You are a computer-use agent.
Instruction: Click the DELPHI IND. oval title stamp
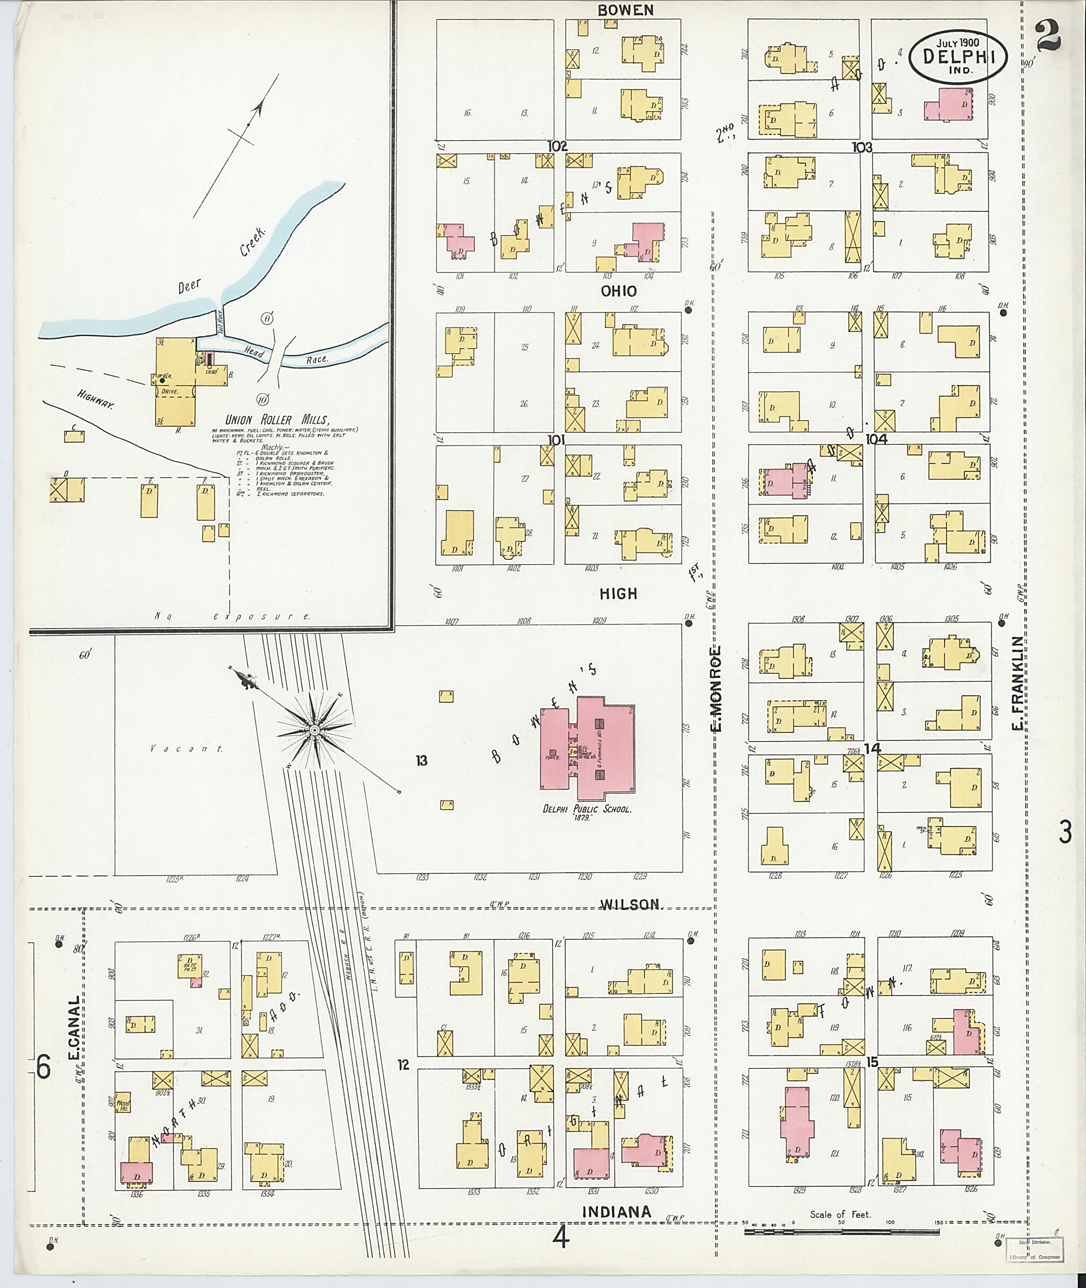958,57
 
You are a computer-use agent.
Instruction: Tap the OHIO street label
619,291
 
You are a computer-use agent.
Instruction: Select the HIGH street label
619,593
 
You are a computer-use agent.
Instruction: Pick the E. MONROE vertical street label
716,689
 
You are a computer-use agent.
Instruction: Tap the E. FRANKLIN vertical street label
1018,684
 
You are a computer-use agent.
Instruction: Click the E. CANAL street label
74,1029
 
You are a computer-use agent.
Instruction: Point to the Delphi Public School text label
586,810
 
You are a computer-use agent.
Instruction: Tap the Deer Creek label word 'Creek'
253,241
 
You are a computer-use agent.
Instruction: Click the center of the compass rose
314,730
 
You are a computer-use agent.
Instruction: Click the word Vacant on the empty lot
187,749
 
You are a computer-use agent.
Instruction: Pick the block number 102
557,146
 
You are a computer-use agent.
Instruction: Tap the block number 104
875,439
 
